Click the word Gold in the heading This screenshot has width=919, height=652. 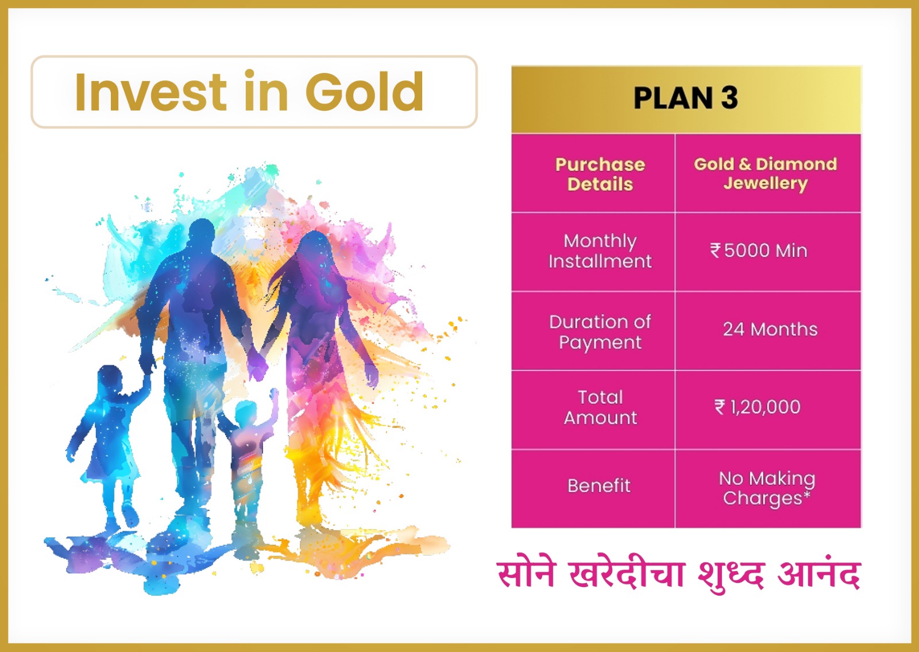point(364,91)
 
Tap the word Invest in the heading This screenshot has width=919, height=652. point(150,91)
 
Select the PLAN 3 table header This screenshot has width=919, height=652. point(686,98)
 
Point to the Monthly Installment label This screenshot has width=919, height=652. point(600,251)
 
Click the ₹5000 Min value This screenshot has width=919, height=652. point(759,250)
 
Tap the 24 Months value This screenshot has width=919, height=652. point(770,330)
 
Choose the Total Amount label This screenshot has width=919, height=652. point(600,407)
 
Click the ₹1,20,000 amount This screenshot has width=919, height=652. point(758,407)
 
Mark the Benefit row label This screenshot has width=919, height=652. point(599,486)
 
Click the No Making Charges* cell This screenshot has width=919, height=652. point(767,488)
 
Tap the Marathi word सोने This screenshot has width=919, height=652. point(526,573)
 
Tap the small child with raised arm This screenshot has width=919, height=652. point(250,452)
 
